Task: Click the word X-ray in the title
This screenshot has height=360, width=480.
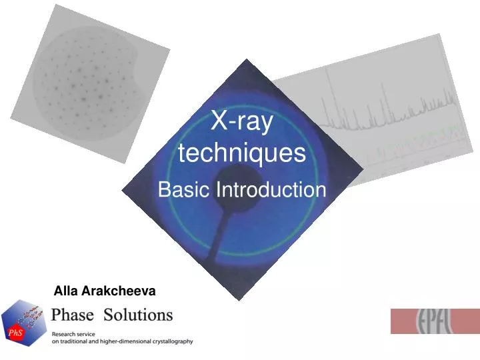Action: pos(241,123)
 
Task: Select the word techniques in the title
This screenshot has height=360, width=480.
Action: pos(242,153)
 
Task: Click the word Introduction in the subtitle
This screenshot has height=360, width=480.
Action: pos(271,190)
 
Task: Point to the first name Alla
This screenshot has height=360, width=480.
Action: pos(66,291)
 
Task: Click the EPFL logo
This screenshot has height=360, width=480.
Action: pos(434,321)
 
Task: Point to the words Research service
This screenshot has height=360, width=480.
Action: pos(73,333)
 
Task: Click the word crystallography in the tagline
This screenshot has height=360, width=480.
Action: pos(170,341)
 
